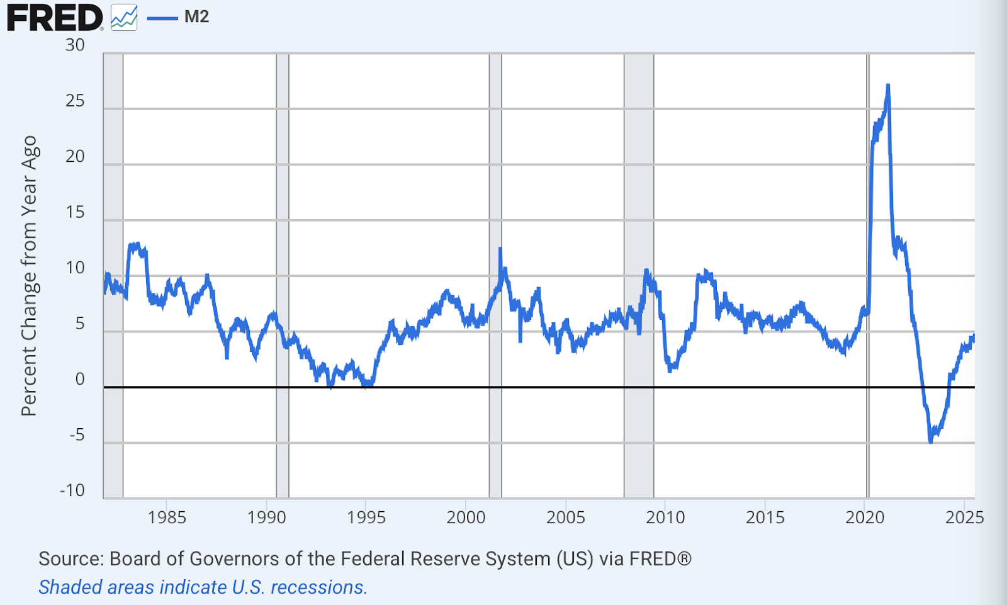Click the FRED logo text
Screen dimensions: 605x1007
[54, 18]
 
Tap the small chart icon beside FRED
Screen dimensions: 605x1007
[124, 17]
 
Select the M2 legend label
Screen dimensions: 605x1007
[196, 17]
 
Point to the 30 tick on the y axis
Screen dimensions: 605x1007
[75, 45]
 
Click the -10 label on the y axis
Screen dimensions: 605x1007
[72, 490]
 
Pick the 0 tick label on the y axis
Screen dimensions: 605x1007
[80, 379]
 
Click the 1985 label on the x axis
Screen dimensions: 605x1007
[167, 517]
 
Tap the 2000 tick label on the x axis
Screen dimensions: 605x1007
[466, 517]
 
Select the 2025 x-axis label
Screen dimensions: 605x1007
[964, 517]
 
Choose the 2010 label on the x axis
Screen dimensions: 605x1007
[665, 517]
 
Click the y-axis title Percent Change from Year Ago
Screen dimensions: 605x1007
[30, 276]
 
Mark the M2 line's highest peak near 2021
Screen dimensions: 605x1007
[887, 86]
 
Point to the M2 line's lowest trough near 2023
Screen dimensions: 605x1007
[931, 441]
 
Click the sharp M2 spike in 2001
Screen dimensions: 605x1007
[500, 249]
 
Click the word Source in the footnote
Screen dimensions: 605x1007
[70, 559]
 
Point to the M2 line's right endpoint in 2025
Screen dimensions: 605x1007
[973, 337]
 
